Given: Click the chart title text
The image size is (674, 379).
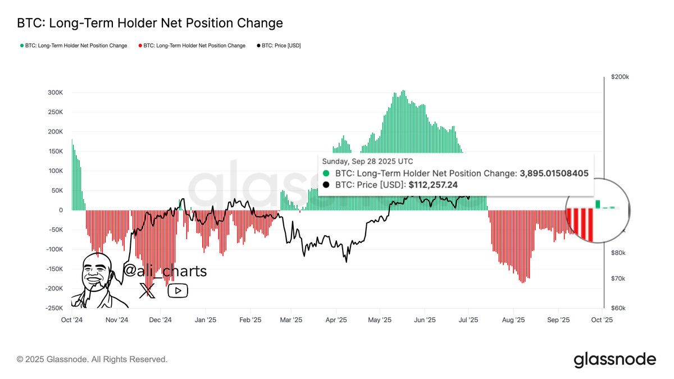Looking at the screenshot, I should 150,23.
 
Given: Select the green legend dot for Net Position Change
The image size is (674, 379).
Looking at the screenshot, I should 22,45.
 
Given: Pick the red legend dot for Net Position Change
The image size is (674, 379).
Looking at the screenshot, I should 140,45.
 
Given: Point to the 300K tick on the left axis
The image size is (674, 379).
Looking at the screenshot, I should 54,93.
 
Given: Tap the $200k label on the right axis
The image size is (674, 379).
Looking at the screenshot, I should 620,77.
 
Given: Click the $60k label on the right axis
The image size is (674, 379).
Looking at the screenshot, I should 619,308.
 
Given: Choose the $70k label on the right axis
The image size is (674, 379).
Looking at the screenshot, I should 619,278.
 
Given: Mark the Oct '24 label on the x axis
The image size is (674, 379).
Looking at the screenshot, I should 71,320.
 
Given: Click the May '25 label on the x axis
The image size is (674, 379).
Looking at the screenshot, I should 380,320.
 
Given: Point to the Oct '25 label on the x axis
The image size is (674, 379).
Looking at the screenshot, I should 602,320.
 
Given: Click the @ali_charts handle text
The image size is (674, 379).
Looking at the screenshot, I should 165,271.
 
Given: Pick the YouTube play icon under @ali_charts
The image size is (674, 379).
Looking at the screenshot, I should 178,290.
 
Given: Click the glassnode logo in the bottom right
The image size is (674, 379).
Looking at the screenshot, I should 614,359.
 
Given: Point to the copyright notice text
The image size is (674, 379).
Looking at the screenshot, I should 92,359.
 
